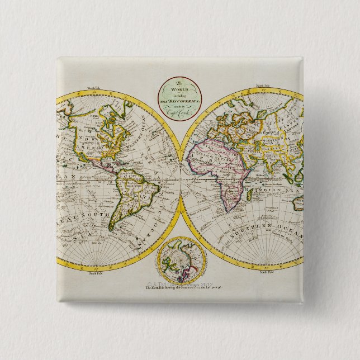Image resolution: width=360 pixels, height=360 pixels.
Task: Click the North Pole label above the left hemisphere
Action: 93,88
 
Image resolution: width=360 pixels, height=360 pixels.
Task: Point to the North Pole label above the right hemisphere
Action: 263,86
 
